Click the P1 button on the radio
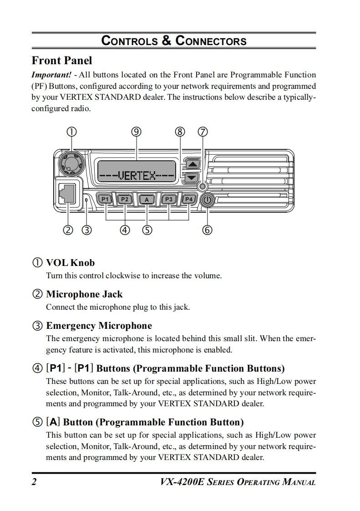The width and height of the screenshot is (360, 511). click(x=105, y=199)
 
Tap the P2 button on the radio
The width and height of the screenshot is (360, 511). click(x=125, y=199)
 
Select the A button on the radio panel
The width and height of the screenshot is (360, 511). click(x=147, y=199)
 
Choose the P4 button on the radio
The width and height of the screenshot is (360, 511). click(x=189, y=199)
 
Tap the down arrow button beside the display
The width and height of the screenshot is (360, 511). click(x=193, y=177)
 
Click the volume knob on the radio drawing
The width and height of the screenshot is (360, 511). click(x=70, y=162)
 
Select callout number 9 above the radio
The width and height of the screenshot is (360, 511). click(x=137, y=132)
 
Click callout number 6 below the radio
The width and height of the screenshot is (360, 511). click(x=207, y=230)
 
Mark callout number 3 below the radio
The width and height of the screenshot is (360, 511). click(x=86, y=230)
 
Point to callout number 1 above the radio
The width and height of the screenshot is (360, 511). click(x=71, y=132)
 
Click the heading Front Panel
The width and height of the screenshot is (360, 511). click(x=61, y=61)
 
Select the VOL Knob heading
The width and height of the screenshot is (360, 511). click(x=70, y=263)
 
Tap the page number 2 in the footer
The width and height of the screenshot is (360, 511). click(x=34, y=482)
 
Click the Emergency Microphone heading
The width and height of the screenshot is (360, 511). click(x=99, y=326)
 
